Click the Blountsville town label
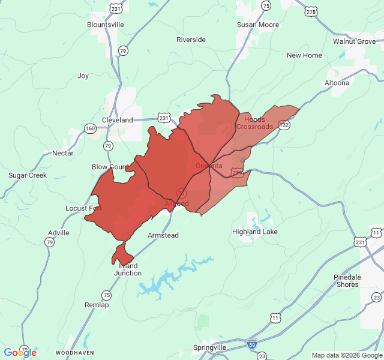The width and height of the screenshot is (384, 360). (x=106, y=25)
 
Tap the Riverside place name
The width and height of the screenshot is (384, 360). (x=191, y=40)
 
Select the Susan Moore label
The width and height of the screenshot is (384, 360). (x=258, y=25)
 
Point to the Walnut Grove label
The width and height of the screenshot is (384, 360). (x=355, y=41)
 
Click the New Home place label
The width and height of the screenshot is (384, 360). (x=304, y=55)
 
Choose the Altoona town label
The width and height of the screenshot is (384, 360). (x=337, y=83)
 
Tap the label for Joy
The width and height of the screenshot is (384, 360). (x=83, y=76)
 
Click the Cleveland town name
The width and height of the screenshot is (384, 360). (x=118, y=120)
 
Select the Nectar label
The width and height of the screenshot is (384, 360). (x=63, y=153)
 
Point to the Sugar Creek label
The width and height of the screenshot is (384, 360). (x=28, y=175)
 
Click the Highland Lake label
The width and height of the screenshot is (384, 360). (x=255, y=232)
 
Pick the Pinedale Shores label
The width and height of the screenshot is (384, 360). (x=346, y=281)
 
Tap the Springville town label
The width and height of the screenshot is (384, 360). (x=209, y=347)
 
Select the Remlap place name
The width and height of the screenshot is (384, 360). (x=97, y=305)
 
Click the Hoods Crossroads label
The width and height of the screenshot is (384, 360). (x=254, y=123)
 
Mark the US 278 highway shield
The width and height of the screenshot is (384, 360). (x=311, y=11)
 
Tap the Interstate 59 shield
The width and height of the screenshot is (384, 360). (x=252, y=344)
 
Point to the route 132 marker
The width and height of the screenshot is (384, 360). (x=284, y=125)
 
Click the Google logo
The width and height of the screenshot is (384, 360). (x=20, y=352)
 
